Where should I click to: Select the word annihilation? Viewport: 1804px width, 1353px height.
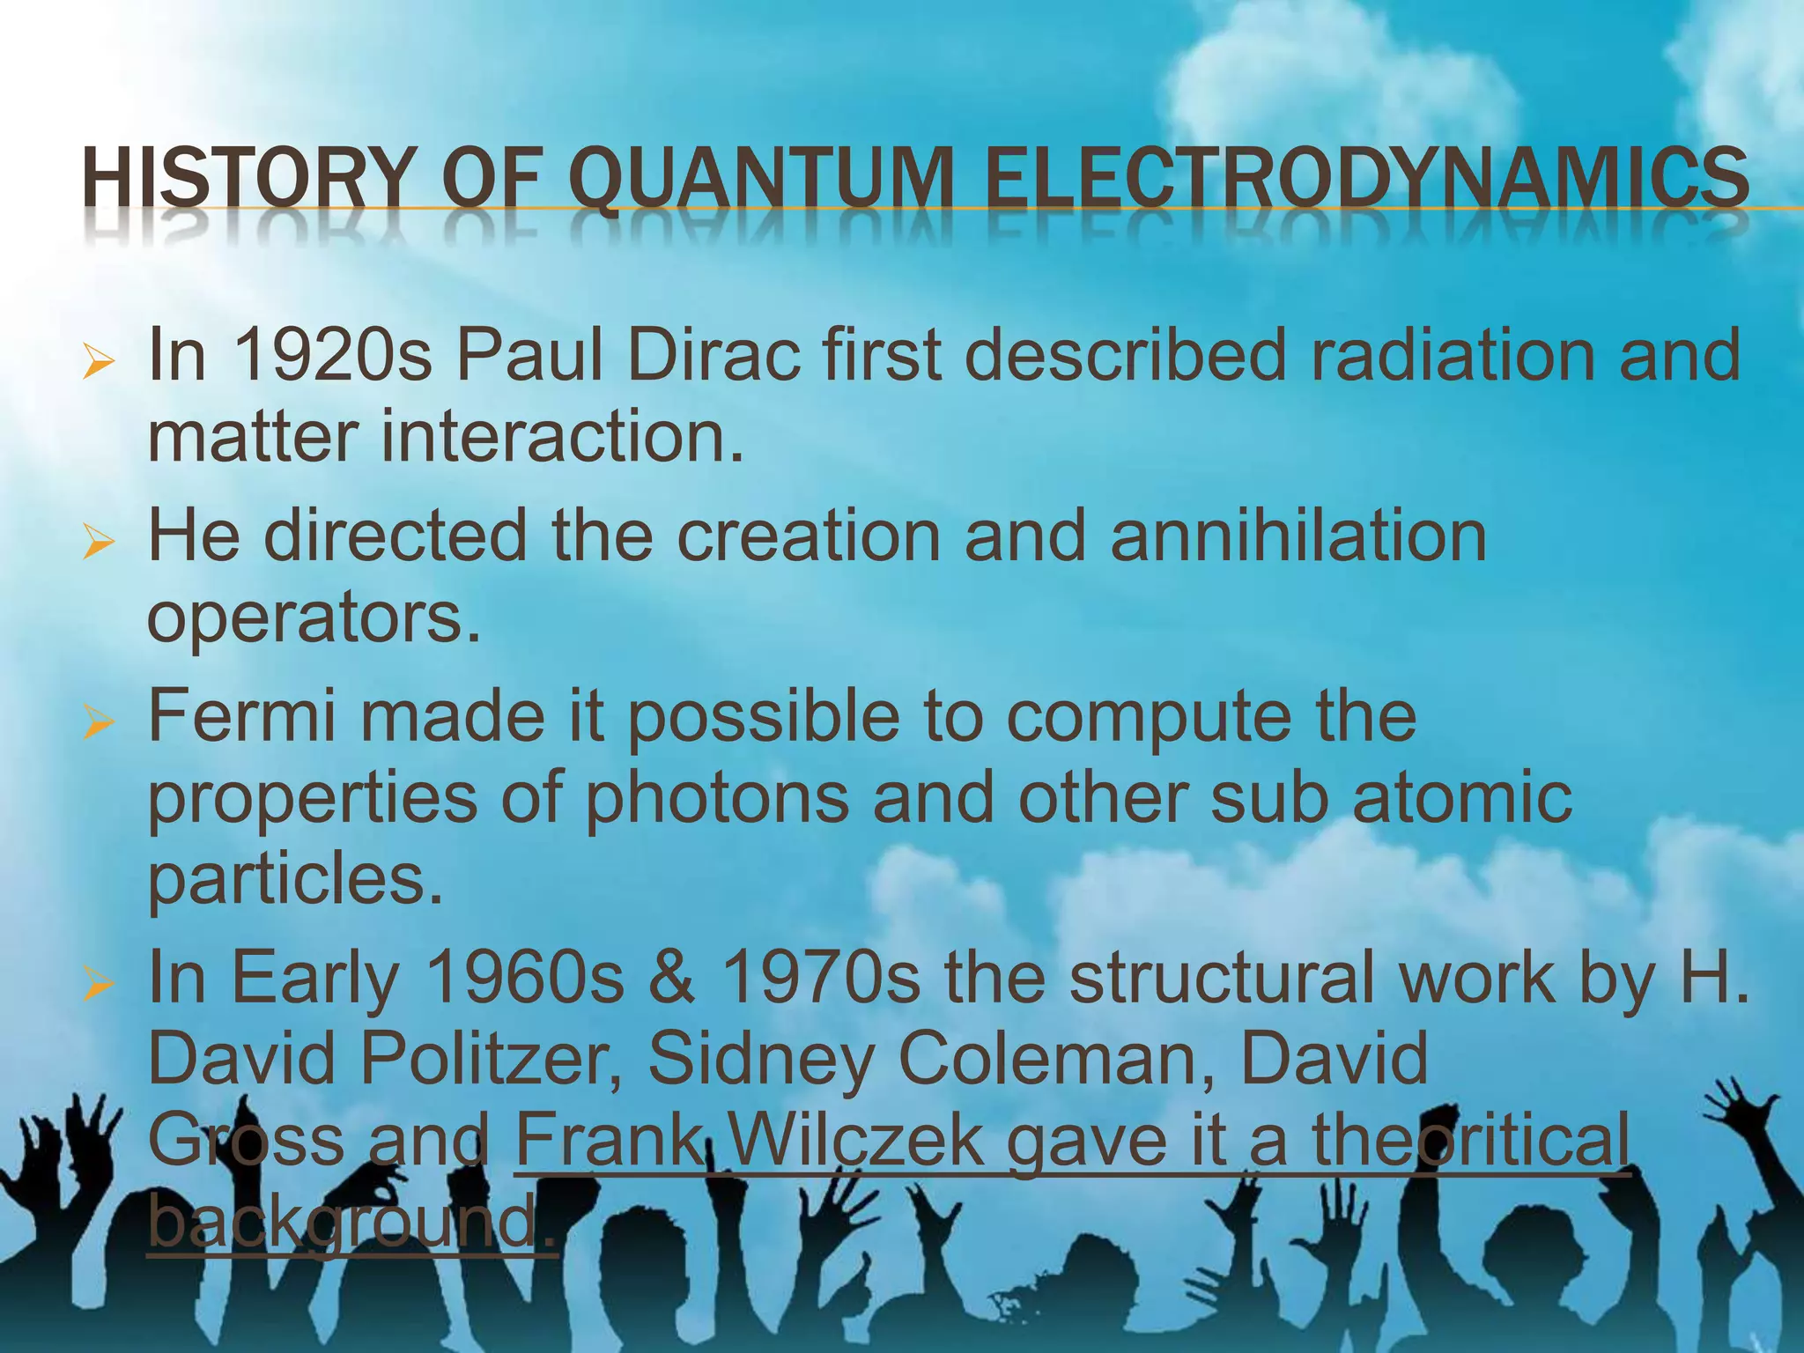click(x=1298, y=536)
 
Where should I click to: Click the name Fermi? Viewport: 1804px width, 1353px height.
click(x=242, y=716)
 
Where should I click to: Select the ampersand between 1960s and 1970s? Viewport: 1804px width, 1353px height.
click(x=671, y=979)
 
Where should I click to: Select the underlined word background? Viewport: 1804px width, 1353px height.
click(x=344, y=1222)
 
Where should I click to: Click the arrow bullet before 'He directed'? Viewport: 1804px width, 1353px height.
click(x=98, y=542)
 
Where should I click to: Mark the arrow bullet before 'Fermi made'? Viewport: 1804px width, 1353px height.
click(x=98, y=722)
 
